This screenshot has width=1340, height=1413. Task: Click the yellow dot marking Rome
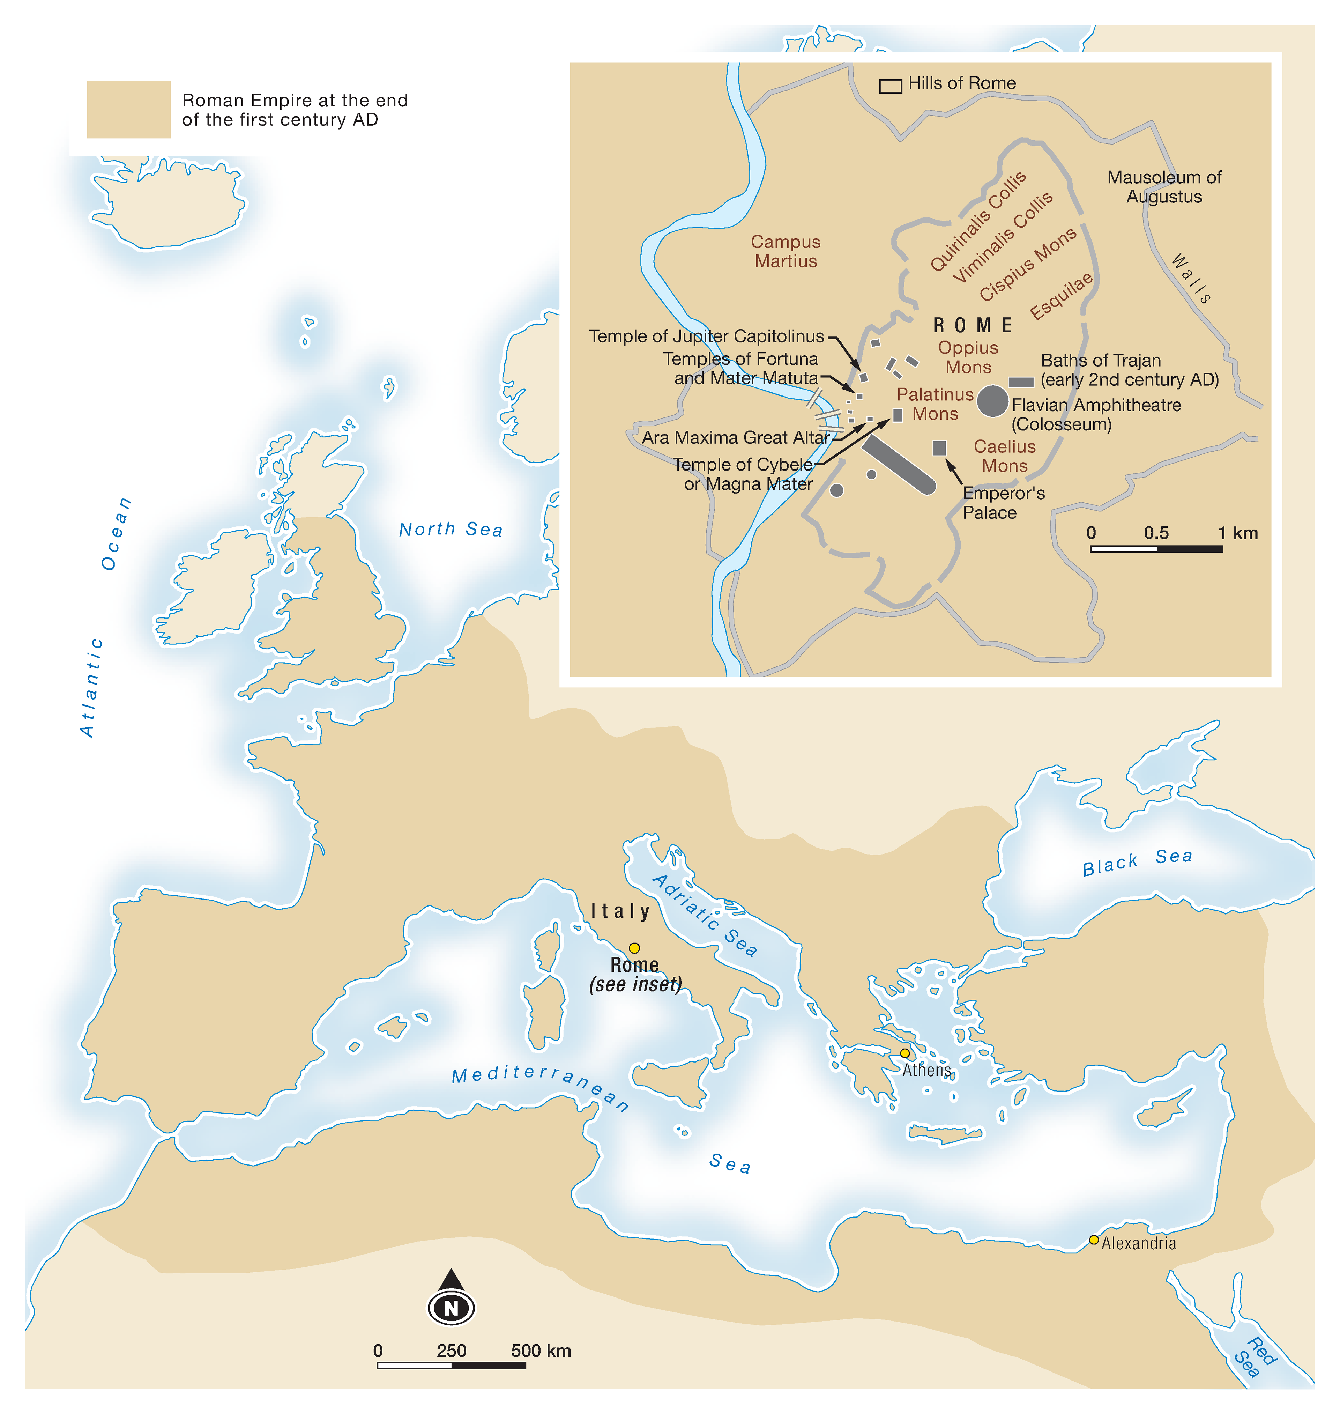[x=634, y=948]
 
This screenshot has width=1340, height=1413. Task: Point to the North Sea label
[x=451, y=529]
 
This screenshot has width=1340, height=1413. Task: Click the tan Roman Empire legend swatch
[x=128, y=109]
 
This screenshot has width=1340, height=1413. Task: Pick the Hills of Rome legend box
[x=890, y=86]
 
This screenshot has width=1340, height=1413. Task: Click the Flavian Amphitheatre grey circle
[x=992, y=401]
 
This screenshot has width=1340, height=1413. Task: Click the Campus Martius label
[x=786, y=251]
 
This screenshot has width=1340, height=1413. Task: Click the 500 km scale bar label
[x=541, y=1350]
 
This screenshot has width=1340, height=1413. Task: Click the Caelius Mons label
[x=1004, y=456]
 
